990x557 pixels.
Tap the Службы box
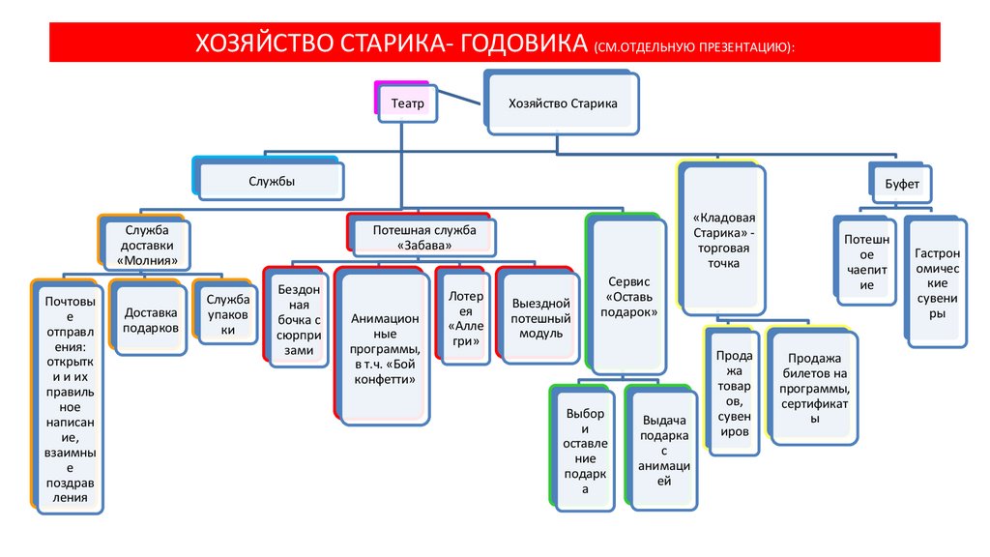click(x=272, y=181)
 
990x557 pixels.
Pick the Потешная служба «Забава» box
click(x=424, y=238)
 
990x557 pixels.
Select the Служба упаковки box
click(x=228, y=314)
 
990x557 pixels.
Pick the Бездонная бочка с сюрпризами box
click(x=298, y=320)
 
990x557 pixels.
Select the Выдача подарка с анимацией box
click(x=663, y=449)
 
